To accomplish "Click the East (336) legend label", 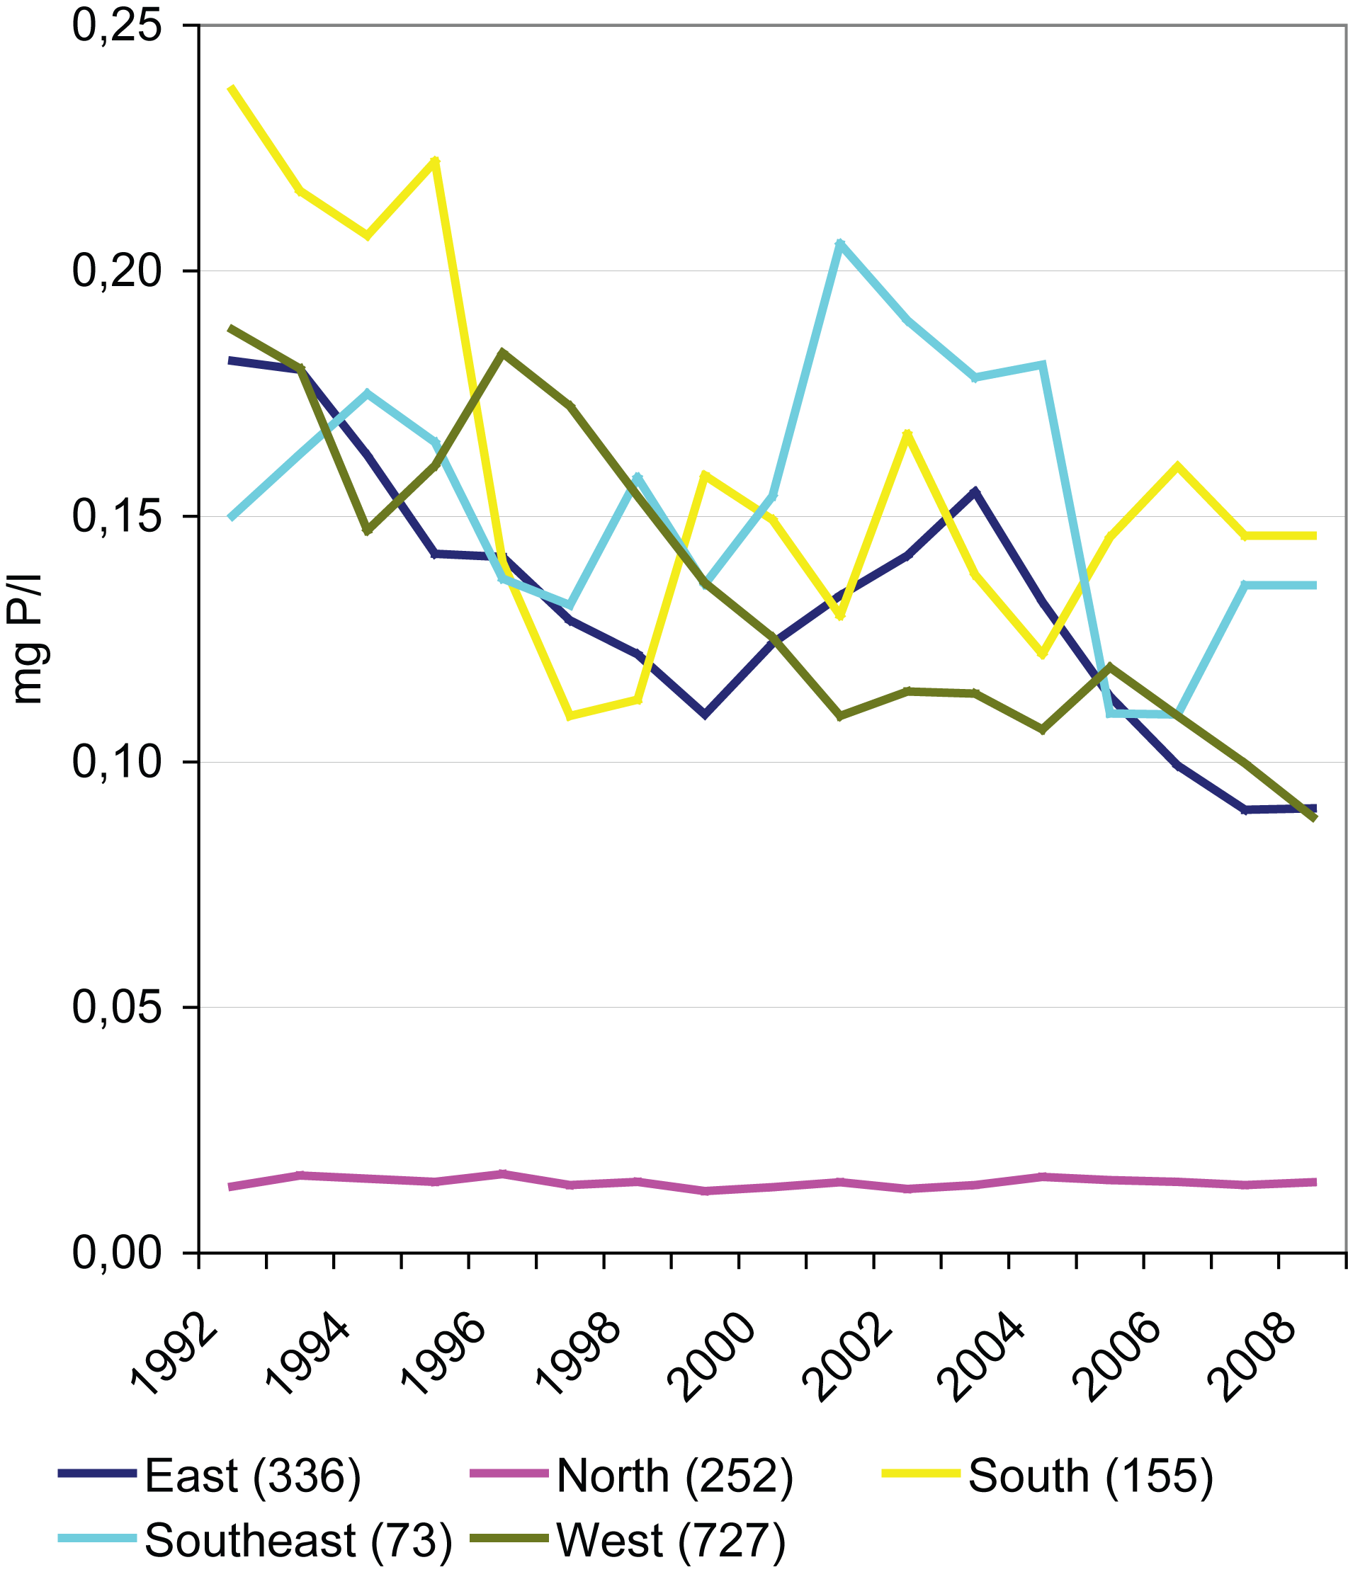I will (252, 1476).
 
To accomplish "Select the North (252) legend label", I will (674, 1476).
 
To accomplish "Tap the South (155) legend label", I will (1091, 1476).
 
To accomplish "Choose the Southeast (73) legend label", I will (298, 1541).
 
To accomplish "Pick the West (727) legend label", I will (670, 1541).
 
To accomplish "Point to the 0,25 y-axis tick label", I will (117, 25).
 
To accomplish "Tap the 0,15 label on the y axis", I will (117, 517).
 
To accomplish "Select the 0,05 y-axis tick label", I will (117, 1008).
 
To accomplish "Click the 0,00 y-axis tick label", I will (117, 1253).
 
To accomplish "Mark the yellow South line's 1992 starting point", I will (232, 89).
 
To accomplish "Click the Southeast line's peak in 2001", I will (839, 243).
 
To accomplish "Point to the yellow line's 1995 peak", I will (435, 161).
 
